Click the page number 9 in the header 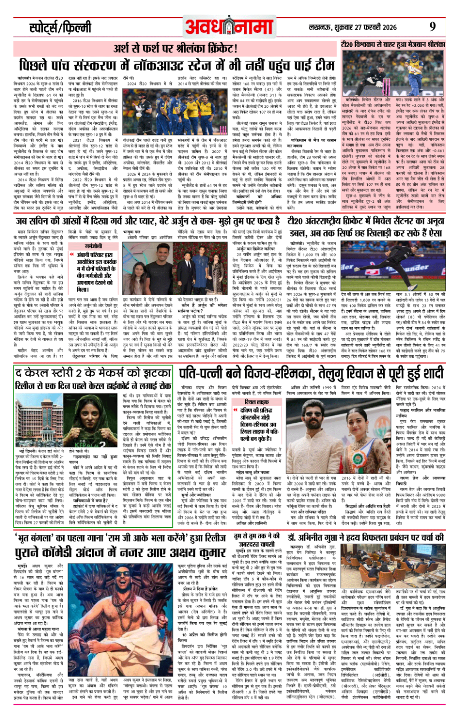point(432,27)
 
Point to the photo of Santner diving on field point(391,266)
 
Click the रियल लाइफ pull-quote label point(257,402)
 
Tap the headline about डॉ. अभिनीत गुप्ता point(365,538)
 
